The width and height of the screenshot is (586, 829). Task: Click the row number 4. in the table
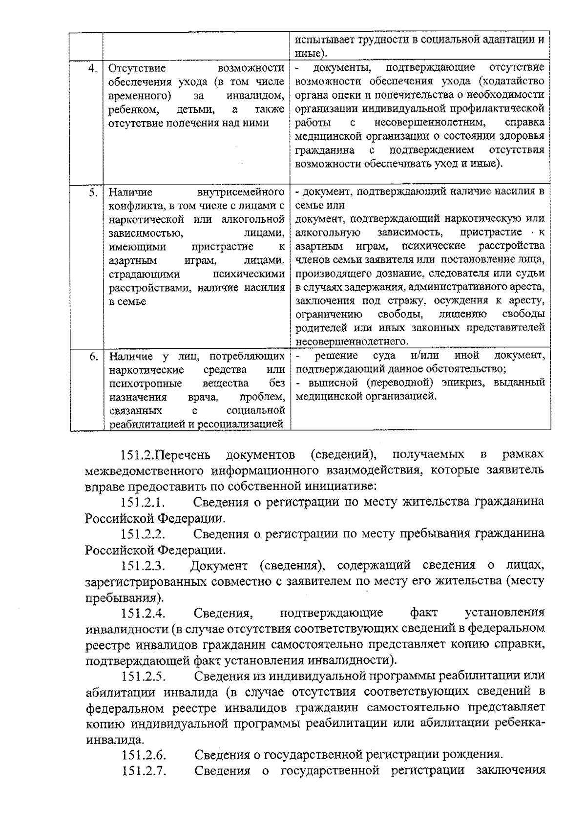coord(93,68)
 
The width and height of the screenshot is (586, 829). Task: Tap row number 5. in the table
coord(93,192)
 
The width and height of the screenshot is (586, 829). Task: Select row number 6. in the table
coord(93,356)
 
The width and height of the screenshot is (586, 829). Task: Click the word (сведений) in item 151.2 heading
coord(343,455)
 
